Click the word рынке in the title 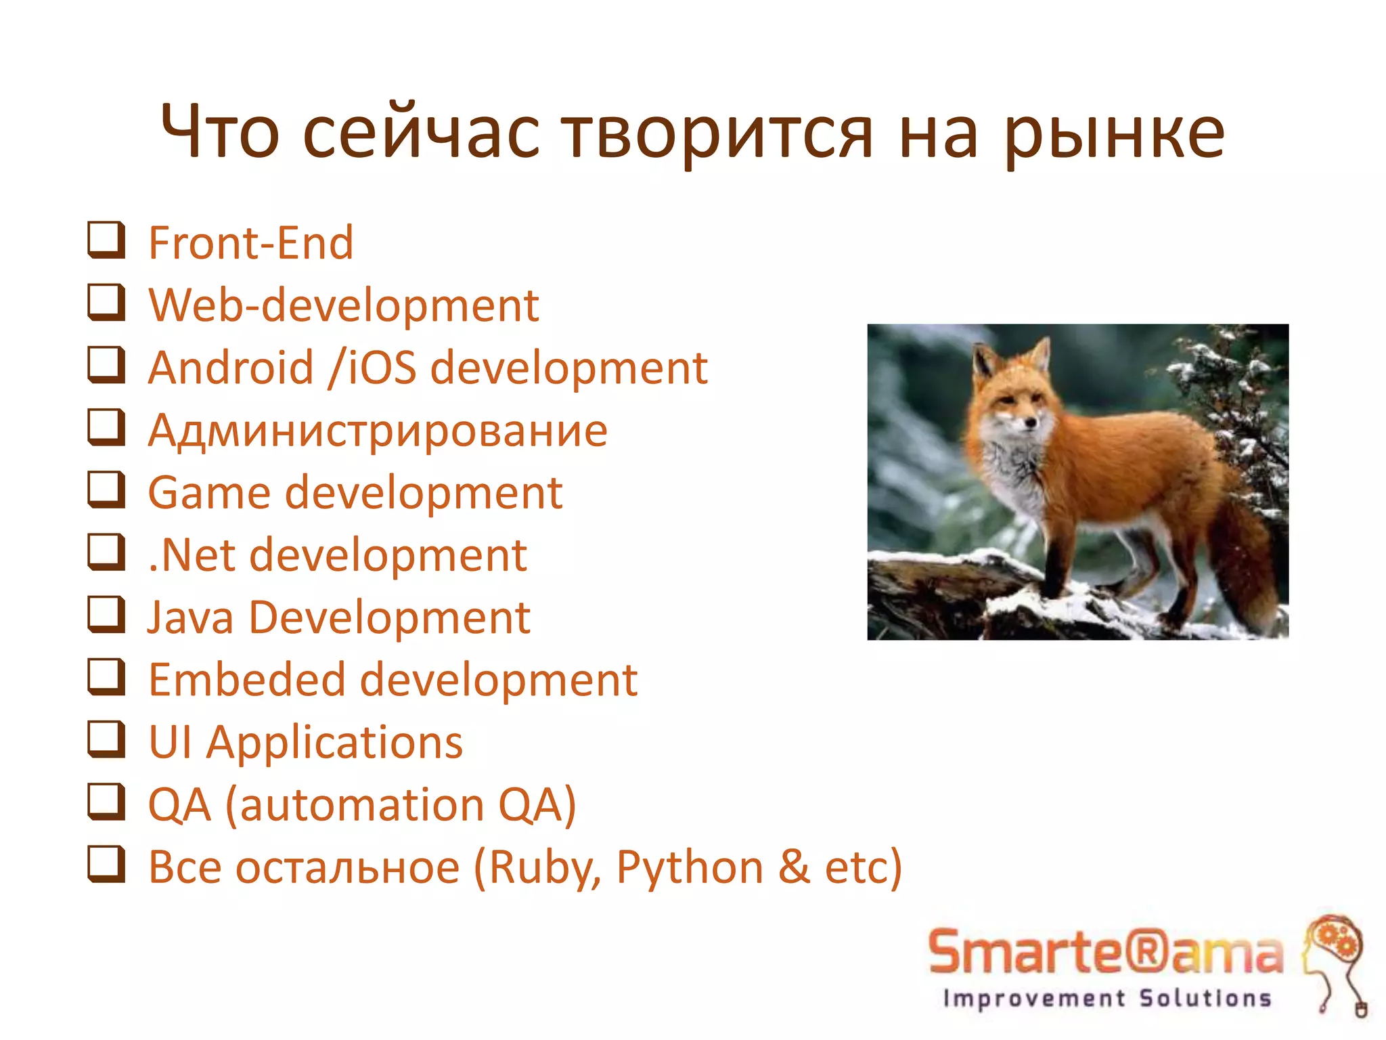(x=1115, y=134)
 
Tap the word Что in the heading (x=219, y=133)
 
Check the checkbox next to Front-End (x=107, y=240)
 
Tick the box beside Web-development (x=107, y=303)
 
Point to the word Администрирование (x=378, y=431)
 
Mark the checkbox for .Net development (x=107, y=552)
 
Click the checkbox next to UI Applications (x=107, y=739)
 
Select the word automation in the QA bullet (x=362, y=805)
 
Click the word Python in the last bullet (x=690, y=868)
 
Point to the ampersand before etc (x=795, y=867)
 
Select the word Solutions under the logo (x=1205, y=998)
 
